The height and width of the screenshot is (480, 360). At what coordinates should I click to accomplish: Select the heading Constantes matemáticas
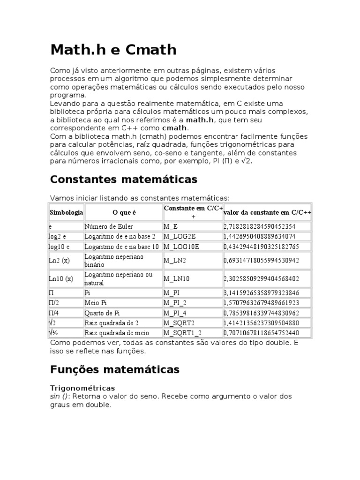(123, 179)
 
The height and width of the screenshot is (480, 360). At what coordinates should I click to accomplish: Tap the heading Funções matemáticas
(114, 369)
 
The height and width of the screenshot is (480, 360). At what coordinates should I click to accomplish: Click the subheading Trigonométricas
(82, 388)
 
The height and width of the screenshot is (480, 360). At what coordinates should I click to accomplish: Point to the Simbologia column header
(66, 212)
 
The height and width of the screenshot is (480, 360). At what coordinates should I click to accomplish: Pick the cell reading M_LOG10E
(181, 247)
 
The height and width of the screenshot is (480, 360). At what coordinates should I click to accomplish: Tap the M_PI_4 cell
(176, 313)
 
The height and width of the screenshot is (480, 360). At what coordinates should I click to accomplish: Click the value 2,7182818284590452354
(260, 226)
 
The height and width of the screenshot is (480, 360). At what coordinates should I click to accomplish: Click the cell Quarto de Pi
(102, 313)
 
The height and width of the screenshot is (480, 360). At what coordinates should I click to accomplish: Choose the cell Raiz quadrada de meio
(116, 333)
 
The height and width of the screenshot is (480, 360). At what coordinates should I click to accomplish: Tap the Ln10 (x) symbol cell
(61, 278)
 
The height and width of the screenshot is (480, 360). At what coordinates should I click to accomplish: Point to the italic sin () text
(59, 396)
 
